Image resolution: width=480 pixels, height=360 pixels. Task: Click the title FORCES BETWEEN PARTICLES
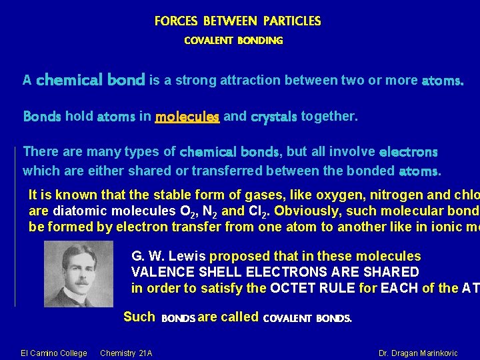click(x=237, y=21)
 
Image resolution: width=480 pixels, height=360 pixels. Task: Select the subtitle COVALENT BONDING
click(x=233, y=41)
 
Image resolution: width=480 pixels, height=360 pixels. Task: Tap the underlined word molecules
click(x=187, y=117)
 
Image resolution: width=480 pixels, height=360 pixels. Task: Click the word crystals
click(x=273, y=117)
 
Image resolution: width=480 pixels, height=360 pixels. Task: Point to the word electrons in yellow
click(x=408, y=152)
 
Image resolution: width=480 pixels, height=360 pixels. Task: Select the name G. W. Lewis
click(x=169, y=257)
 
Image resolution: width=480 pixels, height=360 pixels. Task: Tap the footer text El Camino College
click(x=54, y=353)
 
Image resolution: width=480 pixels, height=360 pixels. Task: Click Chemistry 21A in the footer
click(x=126, y=353)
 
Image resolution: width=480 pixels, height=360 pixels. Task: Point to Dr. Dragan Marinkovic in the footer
click(x=418, y=353)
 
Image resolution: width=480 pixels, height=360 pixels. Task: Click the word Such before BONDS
click(x=139, y=317)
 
